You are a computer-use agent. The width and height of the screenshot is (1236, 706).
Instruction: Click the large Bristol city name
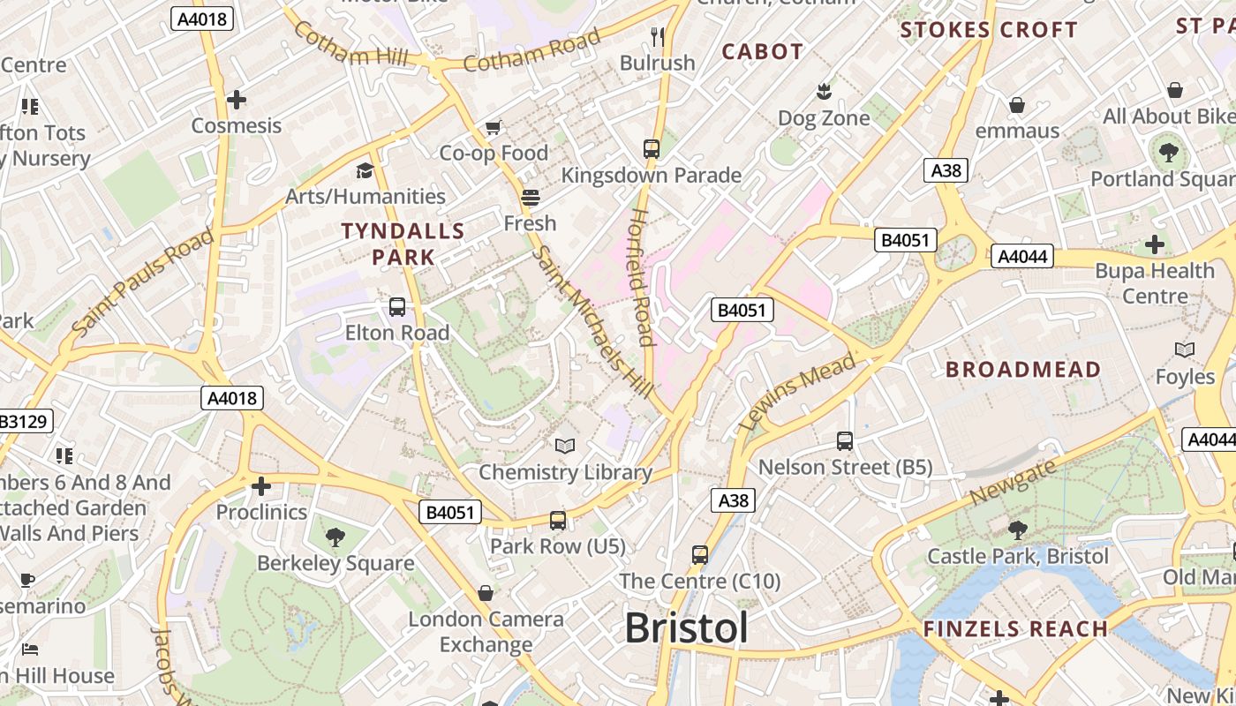click(x=686, y=628)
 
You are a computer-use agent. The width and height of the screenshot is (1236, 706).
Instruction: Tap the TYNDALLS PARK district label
click(x=403, y=244)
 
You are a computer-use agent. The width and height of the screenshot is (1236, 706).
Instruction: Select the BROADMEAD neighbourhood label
click(x=1023, y=370)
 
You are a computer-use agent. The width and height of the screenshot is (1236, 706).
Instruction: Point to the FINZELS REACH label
click(x=1015, y=629)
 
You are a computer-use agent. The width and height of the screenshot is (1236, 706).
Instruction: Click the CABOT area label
click(x=763, y=52)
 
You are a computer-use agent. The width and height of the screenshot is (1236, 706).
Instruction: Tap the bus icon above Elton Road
click(x=397, y=307)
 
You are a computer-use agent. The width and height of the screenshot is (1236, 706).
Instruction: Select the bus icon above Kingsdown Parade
click(x=652, y=149)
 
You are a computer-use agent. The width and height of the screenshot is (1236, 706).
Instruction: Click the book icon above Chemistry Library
click(x=565, y=447)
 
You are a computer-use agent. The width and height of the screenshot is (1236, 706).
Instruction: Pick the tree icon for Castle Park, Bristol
click(x=1017, y=530)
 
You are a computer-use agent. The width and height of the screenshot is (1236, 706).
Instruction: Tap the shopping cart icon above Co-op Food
click(x=494, y=128)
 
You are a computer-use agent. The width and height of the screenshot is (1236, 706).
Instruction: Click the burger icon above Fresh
click(x=531, y=197)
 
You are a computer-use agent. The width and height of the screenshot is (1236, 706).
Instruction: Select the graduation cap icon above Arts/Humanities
click(x=365, y=170)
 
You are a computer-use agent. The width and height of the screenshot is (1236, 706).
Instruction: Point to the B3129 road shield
click(x=24, y=421)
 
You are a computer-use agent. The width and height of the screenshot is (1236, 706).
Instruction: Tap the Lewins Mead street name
click(x=799, y=391)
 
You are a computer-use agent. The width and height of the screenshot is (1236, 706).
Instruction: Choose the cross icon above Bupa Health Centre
click(x=1155, y=244)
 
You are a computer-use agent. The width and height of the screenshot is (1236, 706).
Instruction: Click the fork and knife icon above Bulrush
click(x=657, y=36)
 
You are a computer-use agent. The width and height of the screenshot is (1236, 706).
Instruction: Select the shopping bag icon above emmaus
click(x=1017, y=105)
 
